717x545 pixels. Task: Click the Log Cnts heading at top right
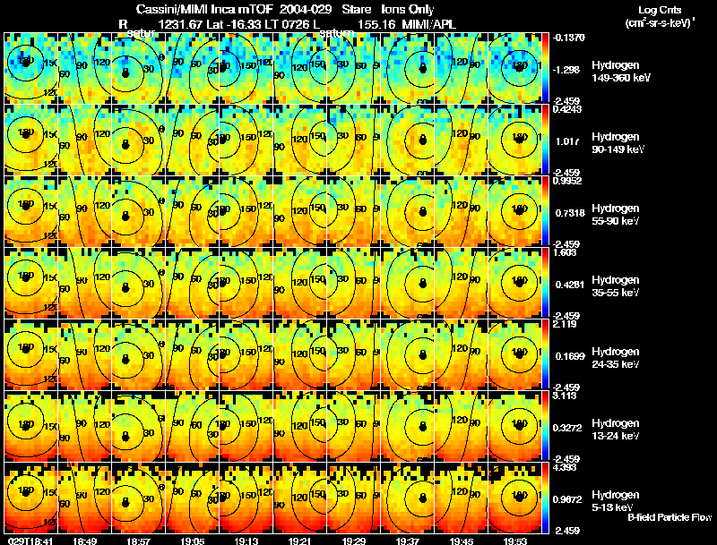[659, 8]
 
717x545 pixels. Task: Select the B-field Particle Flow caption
[669, 517]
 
